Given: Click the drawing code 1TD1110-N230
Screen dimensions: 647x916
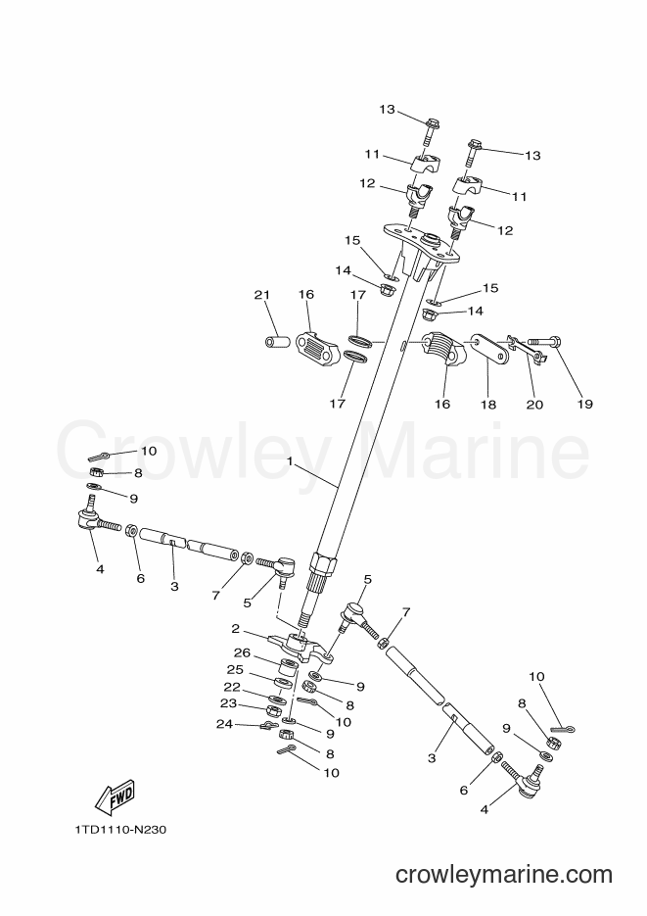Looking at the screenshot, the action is [x=120, y=830].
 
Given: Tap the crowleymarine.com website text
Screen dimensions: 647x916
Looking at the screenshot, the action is [x=504, y=875].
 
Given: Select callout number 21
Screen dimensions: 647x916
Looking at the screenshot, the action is [x=262, y=295].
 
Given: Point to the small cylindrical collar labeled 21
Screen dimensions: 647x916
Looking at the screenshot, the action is [x=277, y=341].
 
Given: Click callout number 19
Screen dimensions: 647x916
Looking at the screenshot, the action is [x=584, y=404].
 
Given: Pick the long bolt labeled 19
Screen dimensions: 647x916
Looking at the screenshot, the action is [x=545, y=340].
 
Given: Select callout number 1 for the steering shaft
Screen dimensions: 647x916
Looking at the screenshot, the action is [x=290, y=460].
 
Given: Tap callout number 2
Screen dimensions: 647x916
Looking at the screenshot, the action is [x=235, y=629].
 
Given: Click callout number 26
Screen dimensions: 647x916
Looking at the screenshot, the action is [x=242, y=652].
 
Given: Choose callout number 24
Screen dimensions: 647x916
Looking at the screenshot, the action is [x=224, y=724].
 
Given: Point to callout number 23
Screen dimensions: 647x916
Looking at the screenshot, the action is [x=229, y=703].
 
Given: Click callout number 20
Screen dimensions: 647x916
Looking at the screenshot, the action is [x=534, y=404].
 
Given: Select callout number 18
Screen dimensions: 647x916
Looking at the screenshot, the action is [x=487, y=404].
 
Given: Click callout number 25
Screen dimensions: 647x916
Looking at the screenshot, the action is [x=235, y=669].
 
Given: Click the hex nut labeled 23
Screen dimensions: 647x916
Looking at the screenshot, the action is [x=274, y=711].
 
